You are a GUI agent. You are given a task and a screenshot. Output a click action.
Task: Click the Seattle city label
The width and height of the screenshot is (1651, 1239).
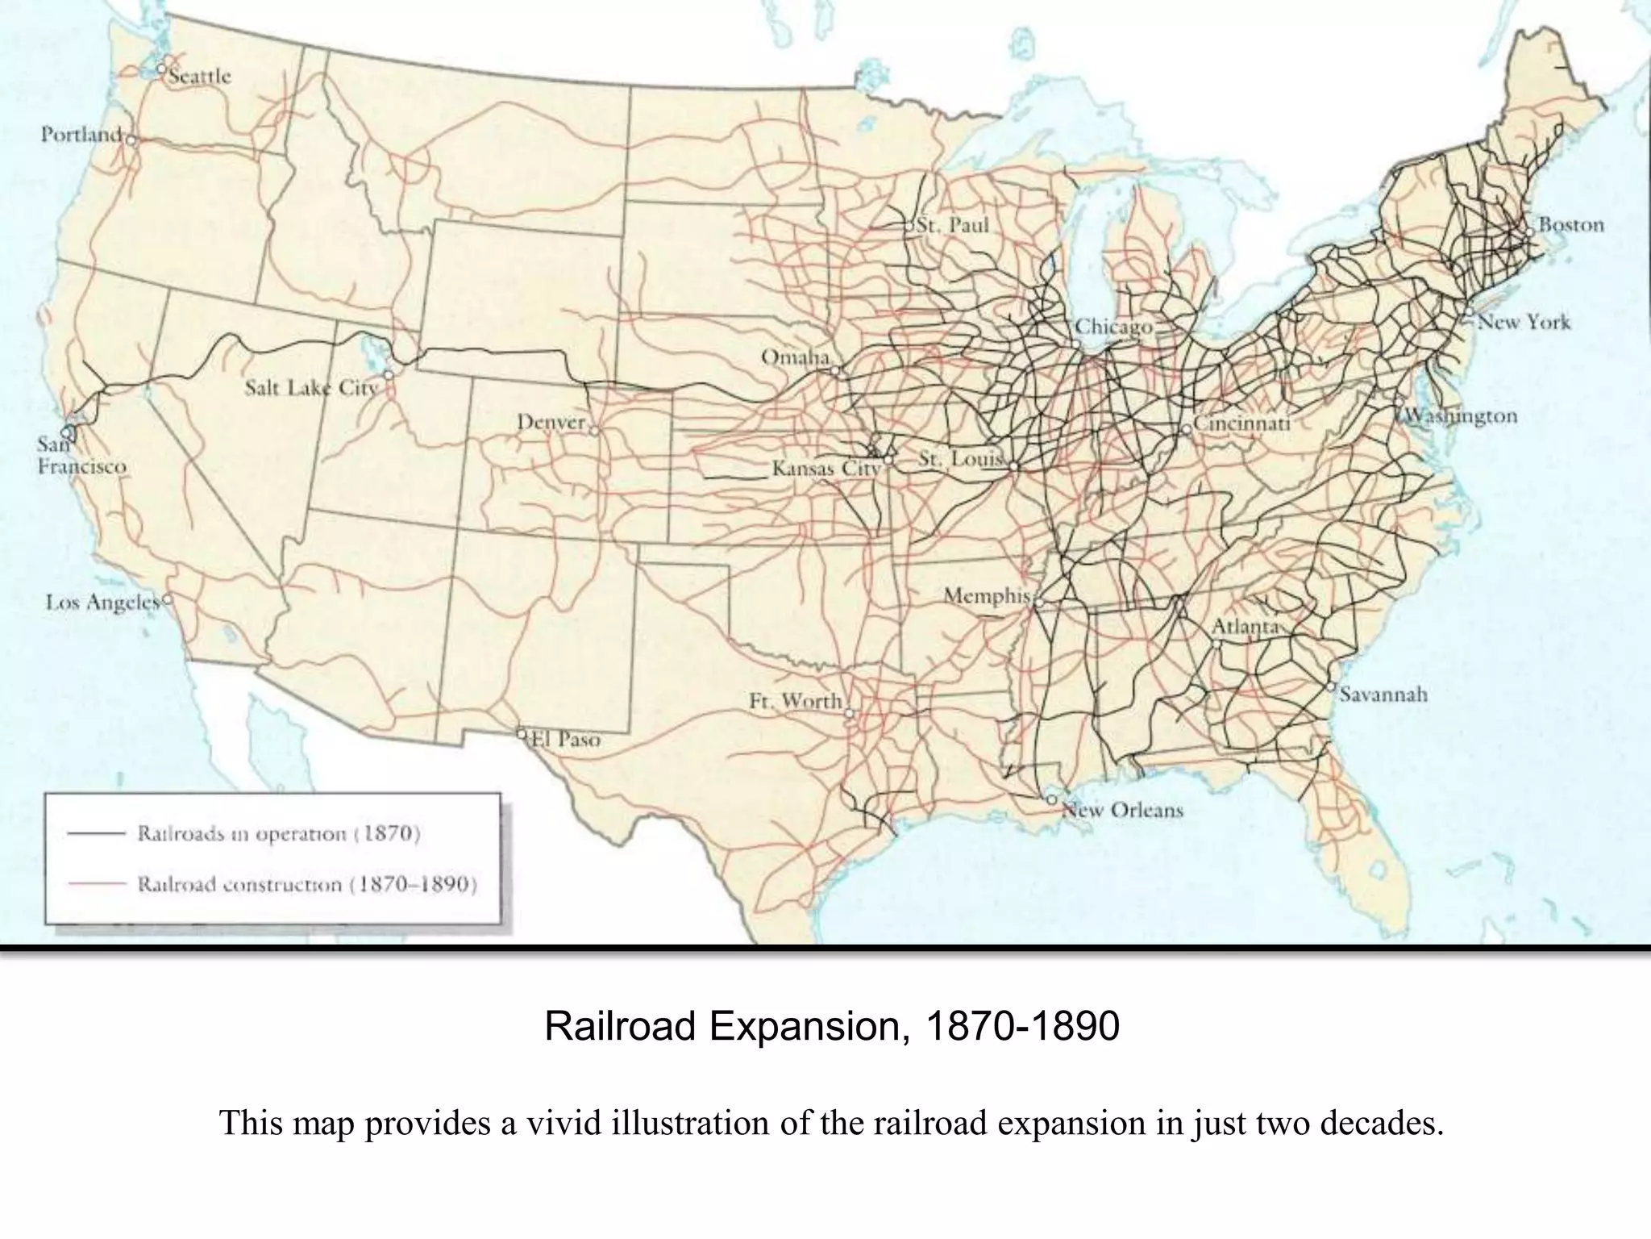point(200,77)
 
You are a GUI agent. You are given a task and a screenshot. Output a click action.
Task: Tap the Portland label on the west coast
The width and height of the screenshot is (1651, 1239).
point(81,134)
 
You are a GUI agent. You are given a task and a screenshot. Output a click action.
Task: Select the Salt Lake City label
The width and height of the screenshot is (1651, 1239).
point(311,388)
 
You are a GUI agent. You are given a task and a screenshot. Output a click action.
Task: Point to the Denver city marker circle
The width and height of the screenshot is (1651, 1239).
point(594,431)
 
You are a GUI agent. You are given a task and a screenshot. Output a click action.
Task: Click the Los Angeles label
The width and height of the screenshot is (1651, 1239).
point(102,603)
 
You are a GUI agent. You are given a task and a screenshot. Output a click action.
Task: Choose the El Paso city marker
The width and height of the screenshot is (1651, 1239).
point(522,734)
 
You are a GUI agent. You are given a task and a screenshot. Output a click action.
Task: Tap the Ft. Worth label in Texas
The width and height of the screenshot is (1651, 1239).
point(795,701)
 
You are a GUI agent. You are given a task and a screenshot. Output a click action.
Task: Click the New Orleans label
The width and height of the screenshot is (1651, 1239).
point(1123,810)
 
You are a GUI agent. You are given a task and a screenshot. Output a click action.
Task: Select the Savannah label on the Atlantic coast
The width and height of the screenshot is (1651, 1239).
point(1383,695)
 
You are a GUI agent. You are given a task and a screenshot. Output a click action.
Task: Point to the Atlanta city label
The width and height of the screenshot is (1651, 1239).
point(1246,627)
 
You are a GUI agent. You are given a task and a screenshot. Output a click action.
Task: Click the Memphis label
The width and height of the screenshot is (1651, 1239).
point(987,596)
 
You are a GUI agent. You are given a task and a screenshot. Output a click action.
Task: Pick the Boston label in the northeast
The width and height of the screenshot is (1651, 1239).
point(1571,224)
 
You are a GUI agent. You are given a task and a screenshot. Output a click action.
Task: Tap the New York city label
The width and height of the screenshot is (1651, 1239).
point(1524,322)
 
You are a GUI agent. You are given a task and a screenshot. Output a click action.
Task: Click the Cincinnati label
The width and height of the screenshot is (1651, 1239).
point(1242,423)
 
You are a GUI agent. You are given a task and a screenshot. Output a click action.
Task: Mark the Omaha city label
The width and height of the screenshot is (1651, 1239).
point(795,357)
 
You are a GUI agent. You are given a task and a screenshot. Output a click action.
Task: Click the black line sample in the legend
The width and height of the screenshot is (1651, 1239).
point(96,833)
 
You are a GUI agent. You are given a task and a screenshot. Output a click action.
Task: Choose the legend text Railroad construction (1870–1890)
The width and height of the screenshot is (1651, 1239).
point(307,884)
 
